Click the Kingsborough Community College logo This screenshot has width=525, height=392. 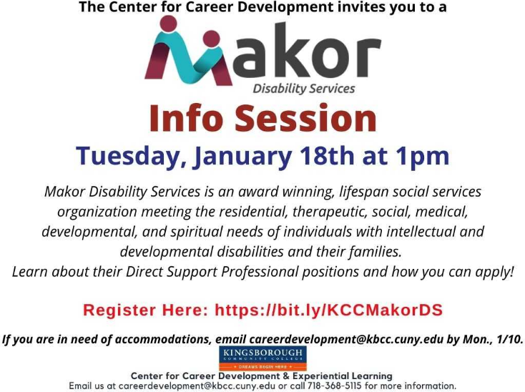click(x=262, y=358)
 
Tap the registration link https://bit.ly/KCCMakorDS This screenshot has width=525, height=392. click(x=329, y=310)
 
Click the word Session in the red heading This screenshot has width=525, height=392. click(x=305, y=118)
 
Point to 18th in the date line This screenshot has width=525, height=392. click(x=327, y=156)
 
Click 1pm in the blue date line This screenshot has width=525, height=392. click(x=423, y=157)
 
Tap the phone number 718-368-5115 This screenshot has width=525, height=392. click(x=334, y=386)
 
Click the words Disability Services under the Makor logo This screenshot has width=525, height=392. click(x=304, y=89)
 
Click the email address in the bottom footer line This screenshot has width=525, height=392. click(x=197, y=386)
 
